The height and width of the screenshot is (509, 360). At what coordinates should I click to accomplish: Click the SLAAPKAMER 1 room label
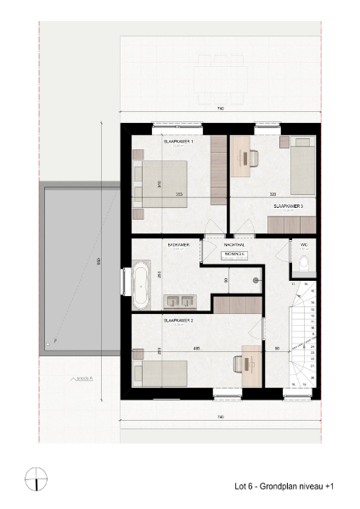pyautogui.click(x=179, y=142)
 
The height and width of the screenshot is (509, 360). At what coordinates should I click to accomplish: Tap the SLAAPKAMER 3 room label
pyautogui.click(x=288, y=206)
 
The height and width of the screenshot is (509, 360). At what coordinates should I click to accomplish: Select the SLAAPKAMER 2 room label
pyautogui.click(x=179, y=322)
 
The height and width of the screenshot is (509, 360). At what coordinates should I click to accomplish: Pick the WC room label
pyautogui.click(x=303, y=244)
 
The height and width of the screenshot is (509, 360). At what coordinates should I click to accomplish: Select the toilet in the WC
pyautogui.click(x=305, y=266)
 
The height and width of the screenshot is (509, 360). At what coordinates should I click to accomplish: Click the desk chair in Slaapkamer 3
pyautogui.click(x=252, y=157)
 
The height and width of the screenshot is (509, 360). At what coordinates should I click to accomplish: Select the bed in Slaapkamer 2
pyautogui.click(x=161, y=372)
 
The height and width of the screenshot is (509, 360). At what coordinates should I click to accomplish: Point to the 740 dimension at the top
pyautogui.click(x=220, y=109)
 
